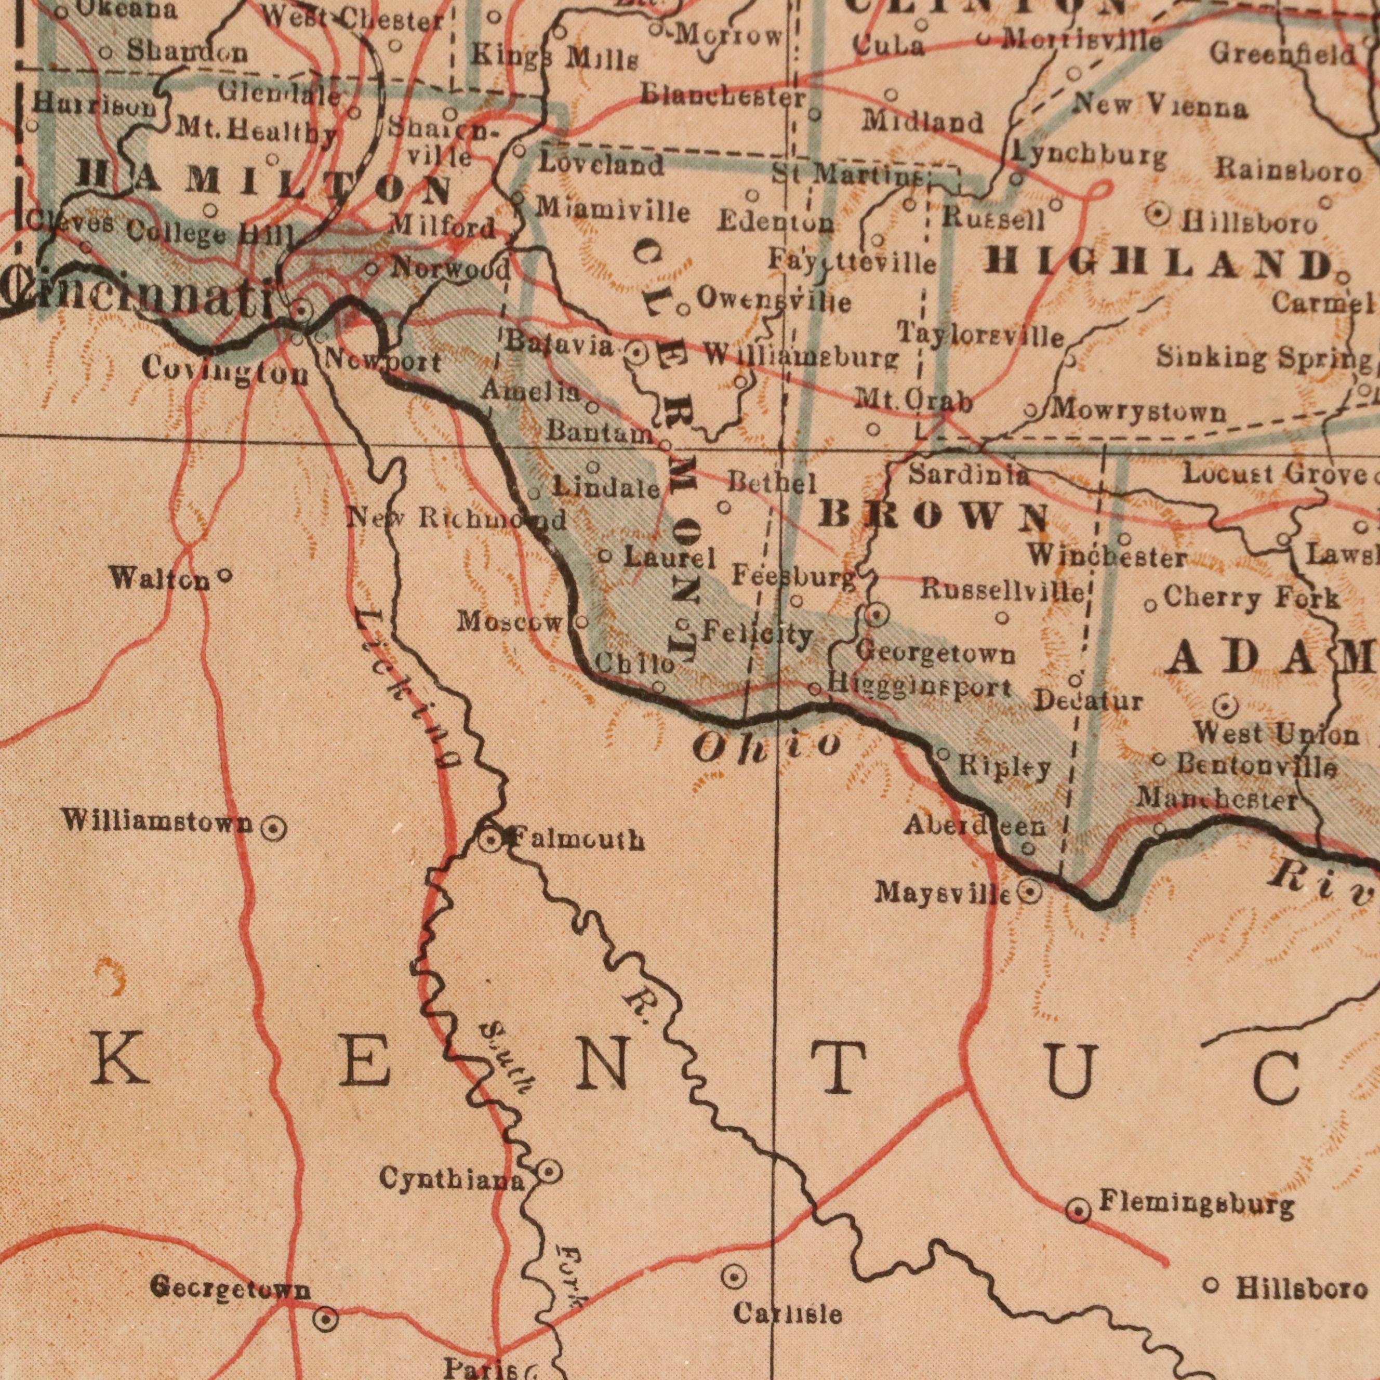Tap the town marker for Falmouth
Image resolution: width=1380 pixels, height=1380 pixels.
490,839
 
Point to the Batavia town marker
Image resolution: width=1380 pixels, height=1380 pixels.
636,353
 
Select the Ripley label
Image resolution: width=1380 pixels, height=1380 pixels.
1004,768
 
